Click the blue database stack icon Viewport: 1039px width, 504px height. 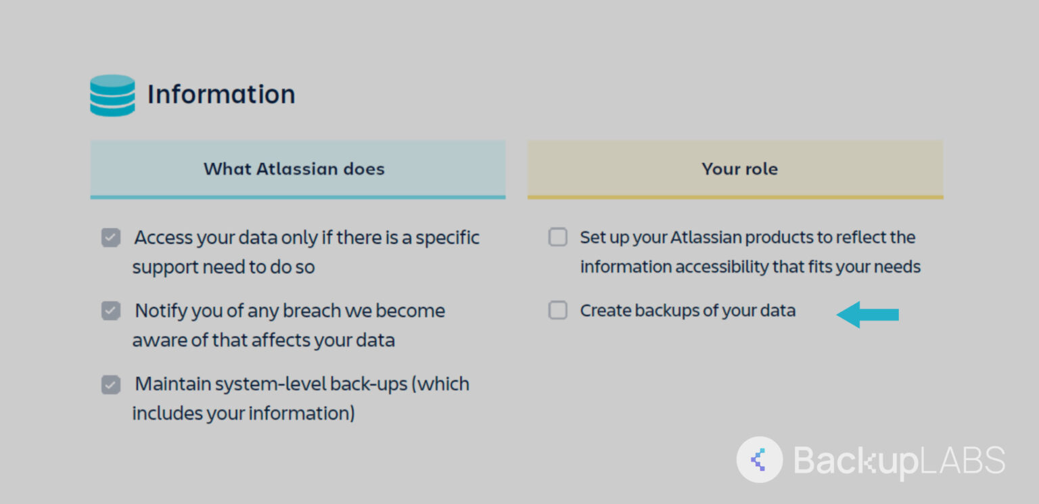pyautogui.click(x=112, y=95)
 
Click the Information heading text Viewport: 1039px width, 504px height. pyautogui.click(x=221, y=94)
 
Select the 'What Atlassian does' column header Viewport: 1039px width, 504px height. pyautogui.click(x=294, y=169)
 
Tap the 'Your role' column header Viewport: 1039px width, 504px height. pyautogui.click(x=739, y=169)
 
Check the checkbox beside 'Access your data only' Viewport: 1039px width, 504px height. pyautogui.click(x=111, y=237)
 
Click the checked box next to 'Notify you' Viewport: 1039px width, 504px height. pyautogui.click(x=111, y=311)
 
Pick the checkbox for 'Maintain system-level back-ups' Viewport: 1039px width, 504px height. pyautogui.click(x=111, y=384)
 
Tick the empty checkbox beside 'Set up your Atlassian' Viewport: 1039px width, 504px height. pyautogui.click(x=557, y=237)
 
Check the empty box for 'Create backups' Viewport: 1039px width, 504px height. pyautogui.click(x=557, y=311)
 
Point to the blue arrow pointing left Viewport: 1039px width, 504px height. pyautogui.click(x=868, y=315)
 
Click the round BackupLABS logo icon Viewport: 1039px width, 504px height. pyautogui.click(x=759, y=460)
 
